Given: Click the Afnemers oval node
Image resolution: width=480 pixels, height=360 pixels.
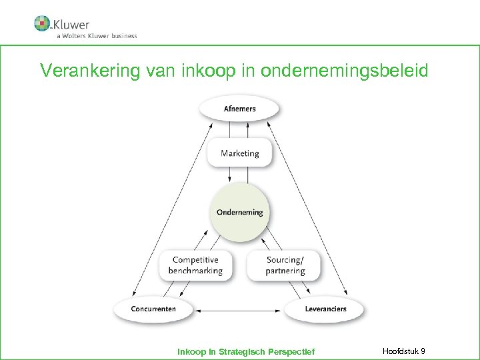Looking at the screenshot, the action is click(239, 109).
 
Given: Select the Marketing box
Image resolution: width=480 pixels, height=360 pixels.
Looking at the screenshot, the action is click(239, 153).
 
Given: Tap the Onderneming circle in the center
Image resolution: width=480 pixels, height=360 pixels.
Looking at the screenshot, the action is click(239, 213).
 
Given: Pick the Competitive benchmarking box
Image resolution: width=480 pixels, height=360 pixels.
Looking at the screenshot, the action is click(195, 265).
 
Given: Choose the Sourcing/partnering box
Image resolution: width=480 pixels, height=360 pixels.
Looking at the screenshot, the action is click(285, 265).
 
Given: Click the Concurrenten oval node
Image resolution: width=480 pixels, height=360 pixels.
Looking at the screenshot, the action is click(153, 309).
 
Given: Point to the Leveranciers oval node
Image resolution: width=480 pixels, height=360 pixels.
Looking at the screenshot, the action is click(325, 309).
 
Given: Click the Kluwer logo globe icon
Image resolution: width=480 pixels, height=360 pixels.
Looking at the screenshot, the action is click(43, 23).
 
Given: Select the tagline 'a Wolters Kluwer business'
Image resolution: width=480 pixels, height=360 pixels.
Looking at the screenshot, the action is click(97, 36).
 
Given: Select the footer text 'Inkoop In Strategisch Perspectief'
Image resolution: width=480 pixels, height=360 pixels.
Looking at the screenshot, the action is click(246, 351).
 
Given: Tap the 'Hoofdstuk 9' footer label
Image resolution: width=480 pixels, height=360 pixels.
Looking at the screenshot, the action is click(405, 351).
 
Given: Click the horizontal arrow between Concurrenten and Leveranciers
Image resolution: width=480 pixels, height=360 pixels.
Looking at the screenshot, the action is click(239, 310).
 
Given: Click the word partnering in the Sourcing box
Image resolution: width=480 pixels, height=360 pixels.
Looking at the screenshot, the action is click(285, 271).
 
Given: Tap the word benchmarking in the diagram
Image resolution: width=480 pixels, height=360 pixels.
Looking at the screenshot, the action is click(195, 271).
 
